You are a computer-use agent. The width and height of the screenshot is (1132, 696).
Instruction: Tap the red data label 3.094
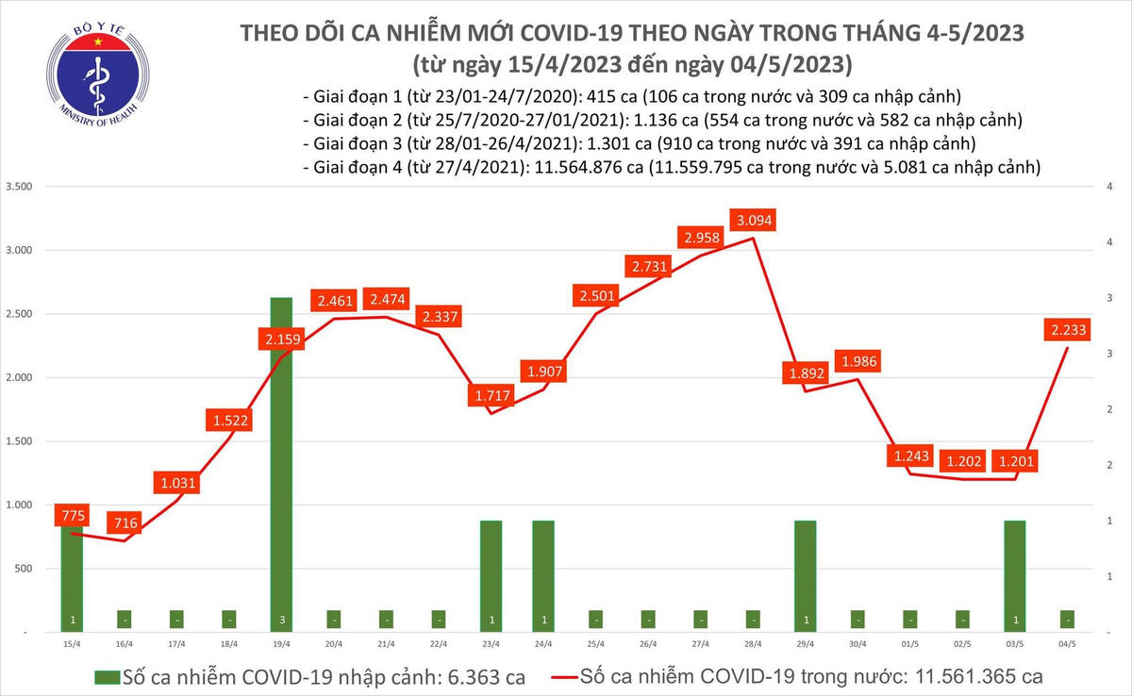coord(751,221)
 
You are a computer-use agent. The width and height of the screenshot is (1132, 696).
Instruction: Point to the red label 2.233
coord(1067,329)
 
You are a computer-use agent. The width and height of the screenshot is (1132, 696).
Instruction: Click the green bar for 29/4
coord(805,574)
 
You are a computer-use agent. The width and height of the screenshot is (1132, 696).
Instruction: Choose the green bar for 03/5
coord(1014,574)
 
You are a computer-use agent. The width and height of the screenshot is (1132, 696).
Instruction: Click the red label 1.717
coord(491,394)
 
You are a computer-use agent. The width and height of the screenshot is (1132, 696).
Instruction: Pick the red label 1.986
coord(857,361)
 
